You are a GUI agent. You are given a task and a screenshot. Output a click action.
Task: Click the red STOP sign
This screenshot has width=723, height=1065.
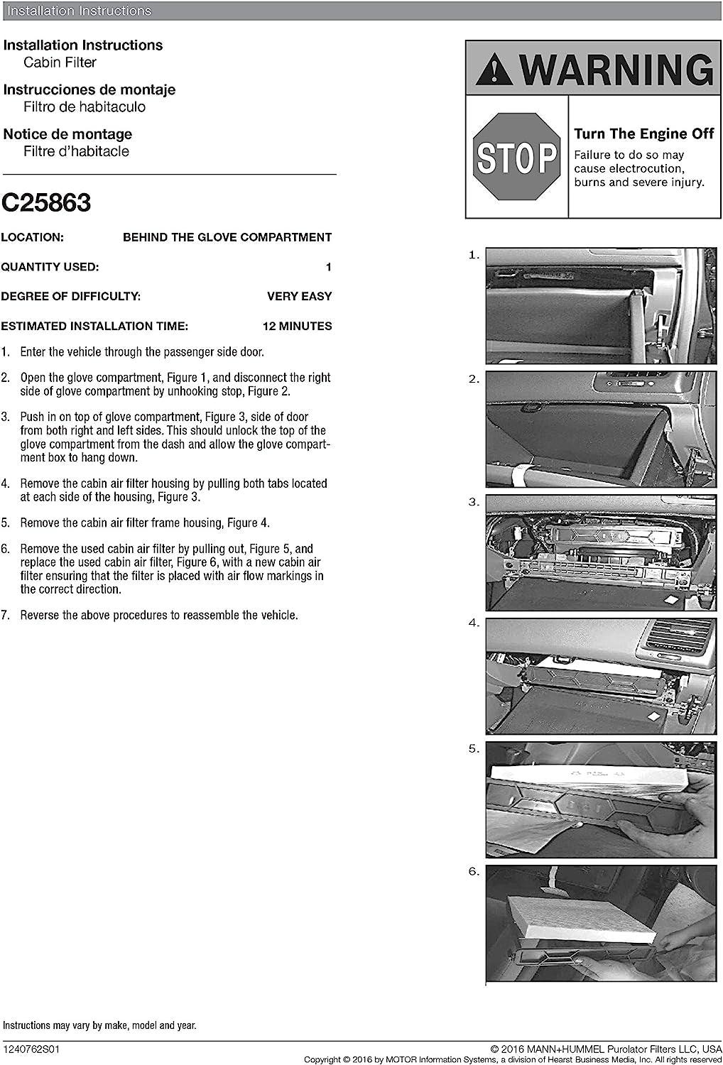[x=516, y=157]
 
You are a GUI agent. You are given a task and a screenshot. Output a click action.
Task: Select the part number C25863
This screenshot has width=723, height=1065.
[x=46, y=203]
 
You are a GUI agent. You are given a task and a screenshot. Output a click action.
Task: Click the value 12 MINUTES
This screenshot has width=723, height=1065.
[x=297, y=327]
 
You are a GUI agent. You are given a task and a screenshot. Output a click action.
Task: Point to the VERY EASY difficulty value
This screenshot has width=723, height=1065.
[x=299, y=297]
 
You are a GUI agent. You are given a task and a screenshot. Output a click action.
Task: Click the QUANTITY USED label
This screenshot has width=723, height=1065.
[x=50, y=267]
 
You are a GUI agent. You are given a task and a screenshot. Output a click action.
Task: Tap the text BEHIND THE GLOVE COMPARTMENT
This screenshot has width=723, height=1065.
[x=227, y=237]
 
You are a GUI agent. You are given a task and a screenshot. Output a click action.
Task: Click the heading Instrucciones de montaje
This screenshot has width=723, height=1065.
[x=89, y=89]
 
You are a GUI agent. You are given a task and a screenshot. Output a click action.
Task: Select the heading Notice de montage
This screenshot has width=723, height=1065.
[x=67, y=134]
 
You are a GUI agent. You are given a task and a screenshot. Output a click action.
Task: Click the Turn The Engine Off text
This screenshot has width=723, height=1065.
[x=644, y=133]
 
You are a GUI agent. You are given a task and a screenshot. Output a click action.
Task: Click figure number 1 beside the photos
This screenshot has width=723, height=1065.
[x=474, y=255]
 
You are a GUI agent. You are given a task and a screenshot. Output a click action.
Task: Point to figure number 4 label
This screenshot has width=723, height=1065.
[x=474, y=623]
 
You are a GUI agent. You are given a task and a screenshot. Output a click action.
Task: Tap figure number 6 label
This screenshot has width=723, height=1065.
[x=474, y=871]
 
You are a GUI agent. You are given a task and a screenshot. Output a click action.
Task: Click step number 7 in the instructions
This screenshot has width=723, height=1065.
[x=6, y=616]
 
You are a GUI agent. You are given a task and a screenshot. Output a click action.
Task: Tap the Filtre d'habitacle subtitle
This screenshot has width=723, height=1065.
[x=76, y=151]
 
